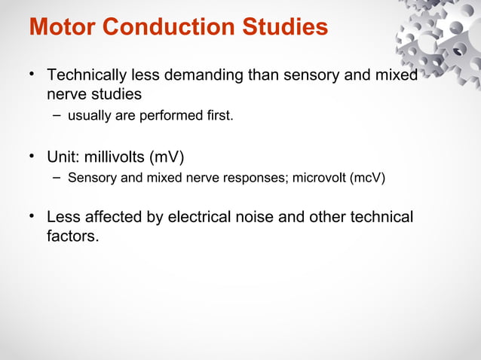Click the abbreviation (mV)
click(166, 157)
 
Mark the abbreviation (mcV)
click(369, 178)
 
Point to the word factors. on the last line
click(72, 236)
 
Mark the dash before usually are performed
click(57, 115)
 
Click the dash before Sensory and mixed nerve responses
click(57, 178)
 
